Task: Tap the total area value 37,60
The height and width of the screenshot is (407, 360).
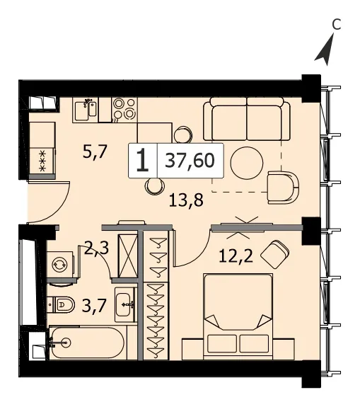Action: coord(190,161)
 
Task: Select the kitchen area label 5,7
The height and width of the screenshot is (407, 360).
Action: coord(95,152)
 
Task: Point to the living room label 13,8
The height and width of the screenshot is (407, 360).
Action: coord(186,200)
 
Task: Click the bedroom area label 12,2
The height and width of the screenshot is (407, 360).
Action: coord(236,257)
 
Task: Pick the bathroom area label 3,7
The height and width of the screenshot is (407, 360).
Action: coord(94,306)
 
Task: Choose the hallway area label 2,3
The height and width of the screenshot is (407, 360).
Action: coord(96,249)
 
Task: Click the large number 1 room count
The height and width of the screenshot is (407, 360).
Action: coord(143,161)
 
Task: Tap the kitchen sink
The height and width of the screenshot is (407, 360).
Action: coord(86,110)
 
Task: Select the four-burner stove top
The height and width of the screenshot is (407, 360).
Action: coord(124,110)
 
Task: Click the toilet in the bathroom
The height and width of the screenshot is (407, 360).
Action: coord(61,304)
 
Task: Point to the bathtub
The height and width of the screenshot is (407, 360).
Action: coord(87,343)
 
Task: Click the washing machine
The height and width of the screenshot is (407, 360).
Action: coord(60,265)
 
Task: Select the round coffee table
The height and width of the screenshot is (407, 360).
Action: coord(247,164)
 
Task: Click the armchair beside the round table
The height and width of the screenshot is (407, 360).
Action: coord(283,188)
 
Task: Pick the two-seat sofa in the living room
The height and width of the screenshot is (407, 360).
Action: coord(247,119)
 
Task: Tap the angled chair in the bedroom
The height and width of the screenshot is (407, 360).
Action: coord(274,254)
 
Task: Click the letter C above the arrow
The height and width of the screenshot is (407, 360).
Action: coord(336,25)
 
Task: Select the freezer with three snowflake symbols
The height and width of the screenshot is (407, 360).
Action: coord(42,161)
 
